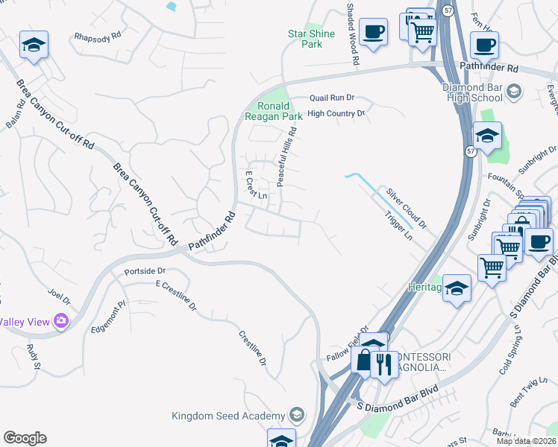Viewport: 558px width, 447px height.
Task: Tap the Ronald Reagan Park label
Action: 275,111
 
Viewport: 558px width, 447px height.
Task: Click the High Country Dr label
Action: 336,114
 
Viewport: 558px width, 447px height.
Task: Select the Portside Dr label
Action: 144,271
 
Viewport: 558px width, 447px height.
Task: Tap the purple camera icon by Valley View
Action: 60,321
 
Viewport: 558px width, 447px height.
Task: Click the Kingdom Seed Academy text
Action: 228,415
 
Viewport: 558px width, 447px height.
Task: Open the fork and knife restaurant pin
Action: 383,364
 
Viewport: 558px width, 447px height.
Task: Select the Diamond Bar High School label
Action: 472,92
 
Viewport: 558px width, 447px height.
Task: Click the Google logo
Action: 25,438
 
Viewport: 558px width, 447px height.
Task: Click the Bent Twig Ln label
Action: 526,394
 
